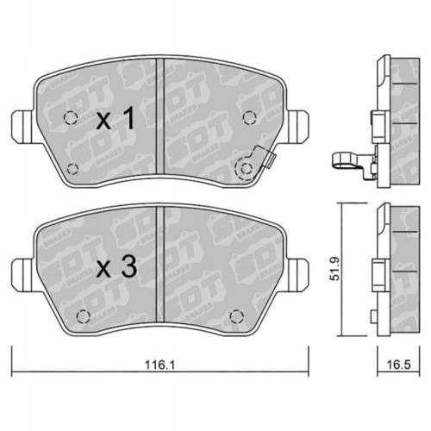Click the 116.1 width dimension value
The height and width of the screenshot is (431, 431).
point(159,365)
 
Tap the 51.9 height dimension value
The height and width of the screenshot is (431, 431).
point(335,269)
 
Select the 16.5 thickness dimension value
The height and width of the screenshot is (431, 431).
point(398,365)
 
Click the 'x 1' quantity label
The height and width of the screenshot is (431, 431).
point(116,118)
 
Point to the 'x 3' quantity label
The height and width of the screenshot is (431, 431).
point(116,266)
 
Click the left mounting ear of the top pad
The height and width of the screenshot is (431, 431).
point(23,127)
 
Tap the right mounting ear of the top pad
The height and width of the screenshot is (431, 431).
point(297,127)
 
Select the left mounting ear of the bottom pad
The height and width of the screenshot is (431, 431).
point(23,274)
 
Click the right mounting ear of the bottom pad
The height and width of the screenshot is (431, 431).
point(297,274)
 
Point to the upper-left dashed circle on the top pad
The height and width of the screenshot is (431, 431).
point(71,117)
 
